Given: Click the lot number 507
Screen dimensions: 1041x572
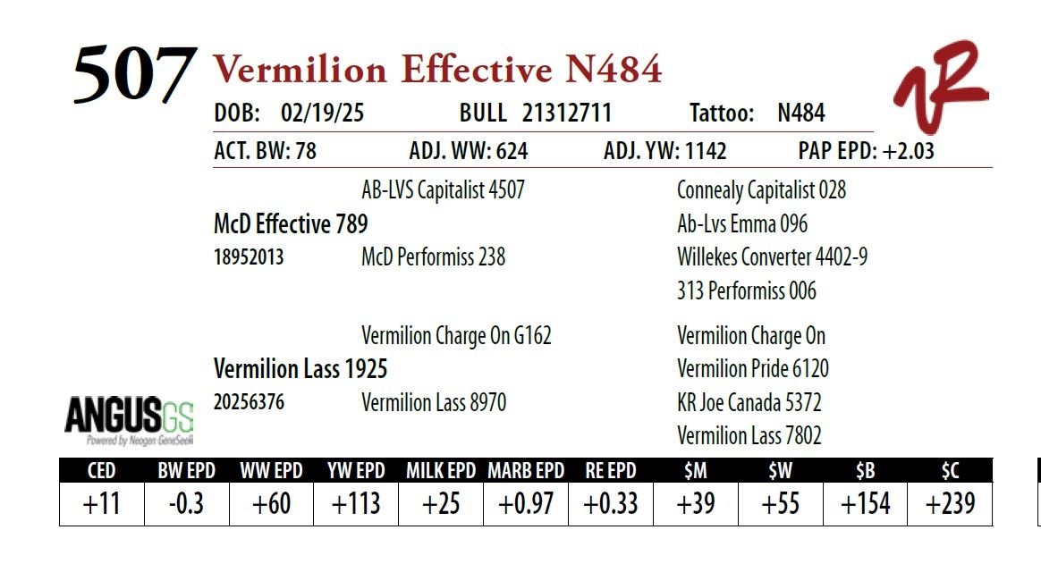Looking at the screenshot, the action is (x=135, y=73).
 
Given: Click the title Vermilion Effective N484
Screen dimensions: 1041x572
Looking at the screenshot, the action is (x=437, y=69).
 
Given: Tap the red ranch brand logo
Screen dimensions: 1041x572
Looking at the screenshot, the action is (x=941, y=87).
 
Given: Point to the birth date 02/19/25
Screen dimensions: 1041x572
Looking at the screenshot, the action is (x=322, y=113).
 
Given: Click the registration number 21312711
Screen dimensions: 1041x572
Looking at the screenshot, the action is (x=566, y=113).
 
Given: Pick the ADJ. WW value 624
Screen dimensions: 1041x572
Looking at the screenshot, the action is (x=512, y=151).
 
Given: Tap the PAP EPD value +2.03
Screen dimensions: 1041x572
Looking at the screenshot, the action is (x=909, y=151).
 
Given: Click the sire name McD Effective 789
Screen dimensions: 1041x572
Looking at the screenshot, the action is (x=291, y=224).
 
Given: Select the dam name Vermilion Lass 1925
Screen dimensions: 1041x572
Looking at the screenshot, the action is (x=300, y=369).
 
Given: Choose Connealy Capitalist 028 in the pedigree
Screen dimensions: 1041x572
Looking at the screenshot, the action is (x=761, y=190).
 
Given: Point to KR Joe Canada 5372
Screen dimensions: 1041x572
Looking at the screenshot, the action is (x=749, y=403).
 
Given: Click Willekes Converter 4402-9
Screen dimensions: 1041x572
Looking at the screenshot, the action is (x=772, y=257).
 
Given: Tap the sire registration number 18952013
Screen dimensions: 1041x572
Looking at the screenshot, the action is (x=249, y=257).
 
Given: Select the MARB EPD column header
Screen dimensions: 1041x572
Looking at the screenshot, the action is (x=526, y=471).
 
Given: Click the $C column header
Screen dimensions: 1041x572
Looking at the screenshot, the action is (x=950, y=470).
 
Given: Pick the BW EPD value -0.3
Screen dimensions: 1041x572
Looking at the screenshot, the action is (x=187, y=504).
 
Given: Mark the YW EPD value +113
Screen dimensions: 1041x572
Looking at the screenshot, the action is (x=356, y=504).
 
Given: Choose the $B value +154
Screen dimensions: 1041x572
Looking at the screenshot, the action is (x=865, y=504).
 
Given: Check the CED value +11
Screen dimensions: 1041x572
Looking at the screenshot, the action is (x=101, y=504).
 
